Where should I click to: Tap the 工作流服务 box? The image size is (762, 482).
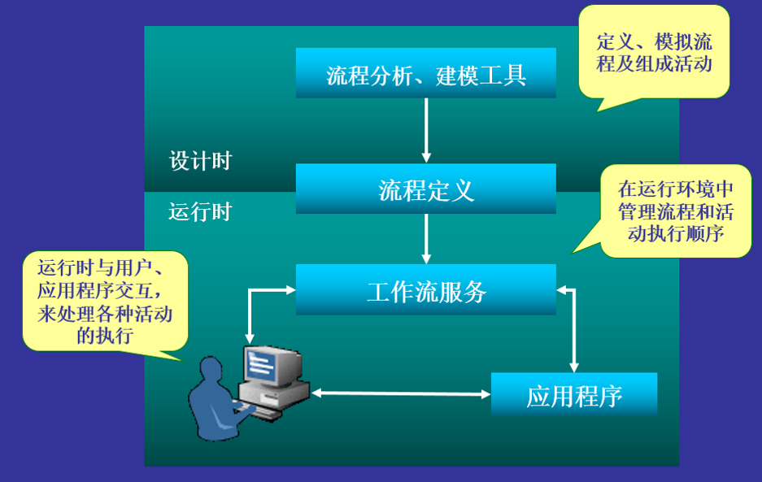click(x=425, y=290)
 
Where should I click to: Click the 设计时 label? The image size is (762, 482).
click(x=200, y=160)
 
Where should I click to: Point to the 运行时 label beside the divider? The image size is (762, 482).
click(x=200, y=212)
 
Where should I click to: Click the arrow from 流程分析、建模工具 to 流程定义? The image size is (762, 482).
click(x=425, y=130)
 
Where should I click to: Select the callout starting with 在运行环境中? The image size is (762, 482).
click(x=675, y=211)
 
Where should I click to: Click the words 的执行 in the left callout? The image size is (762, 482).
click(x=104, y=335)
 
